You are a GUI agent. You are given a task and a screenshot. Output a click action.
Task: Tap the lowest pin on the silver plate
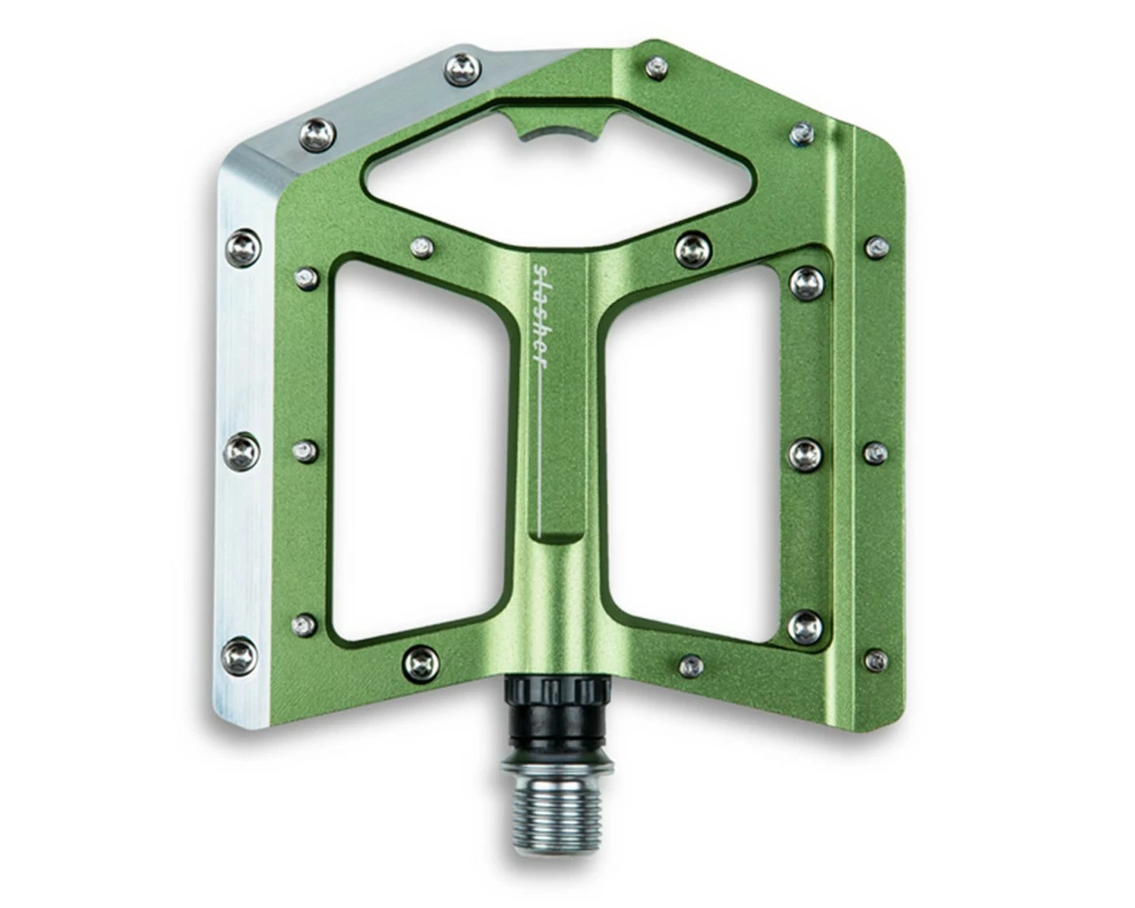[x=241, y=655]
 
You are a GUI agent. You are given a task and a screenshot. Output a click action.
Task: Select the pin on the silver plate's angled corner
[x=317, y=136]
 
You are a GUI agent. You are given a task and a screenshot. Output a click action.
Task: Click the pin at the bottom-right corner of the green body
[x=876, y=659]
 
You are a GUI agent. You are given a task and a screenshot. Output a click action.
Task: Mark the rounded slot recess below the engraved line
[x=552, y=537]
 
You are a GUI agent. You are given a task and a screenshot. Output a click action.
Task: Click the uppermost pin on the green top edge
[x=656, y=67]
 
